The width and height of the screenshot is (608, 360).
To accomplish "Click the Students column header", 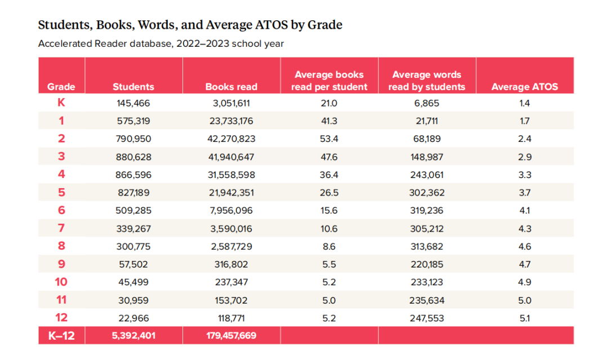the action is point(133,87).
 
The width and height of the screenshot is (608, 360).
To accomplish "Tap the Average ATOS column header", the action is point(525,87).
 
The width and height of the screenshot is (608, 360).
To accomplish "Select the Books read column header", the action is point(231,87).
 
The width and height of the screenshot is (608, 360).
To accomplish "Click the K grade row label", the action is point(61,103).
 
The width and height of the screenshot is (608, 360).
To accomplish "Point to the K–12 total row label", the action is point(61,336).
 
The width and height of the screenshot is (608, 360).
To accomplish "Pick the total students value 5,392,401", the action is point(133,336).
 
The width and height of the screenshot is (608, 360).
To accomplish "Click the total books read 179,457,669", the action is point(231,336).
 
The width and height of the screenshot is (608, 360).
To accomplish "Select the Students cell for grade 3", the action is point(133,157).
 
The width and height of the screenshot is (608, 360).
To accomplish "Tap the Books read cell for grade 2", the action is point(231,139).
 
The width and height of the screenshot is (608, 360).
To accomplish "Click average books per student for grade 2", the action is point(329,139).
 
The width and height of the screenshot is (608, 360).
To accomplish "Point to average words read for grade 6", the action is point(427,211).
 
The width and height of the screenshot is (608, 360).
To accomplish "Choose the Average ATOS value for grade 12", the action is point(525,318).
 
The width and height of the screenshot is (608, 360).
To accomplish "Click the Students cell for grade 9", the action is point(133,264).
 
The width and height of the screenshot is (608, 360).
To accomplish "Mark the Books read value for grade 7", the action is point(231,229).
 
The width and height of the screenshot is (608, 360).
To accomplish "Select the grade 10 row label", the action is point(61,282).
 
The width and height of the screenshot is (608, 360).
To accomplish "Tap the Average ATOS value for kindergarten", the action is point(525,103).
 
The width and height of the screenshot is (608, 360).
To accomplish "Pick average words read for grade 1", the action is point(427,121).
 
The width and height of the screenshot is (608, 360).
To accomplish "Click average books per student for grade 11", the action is point(329,300).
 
